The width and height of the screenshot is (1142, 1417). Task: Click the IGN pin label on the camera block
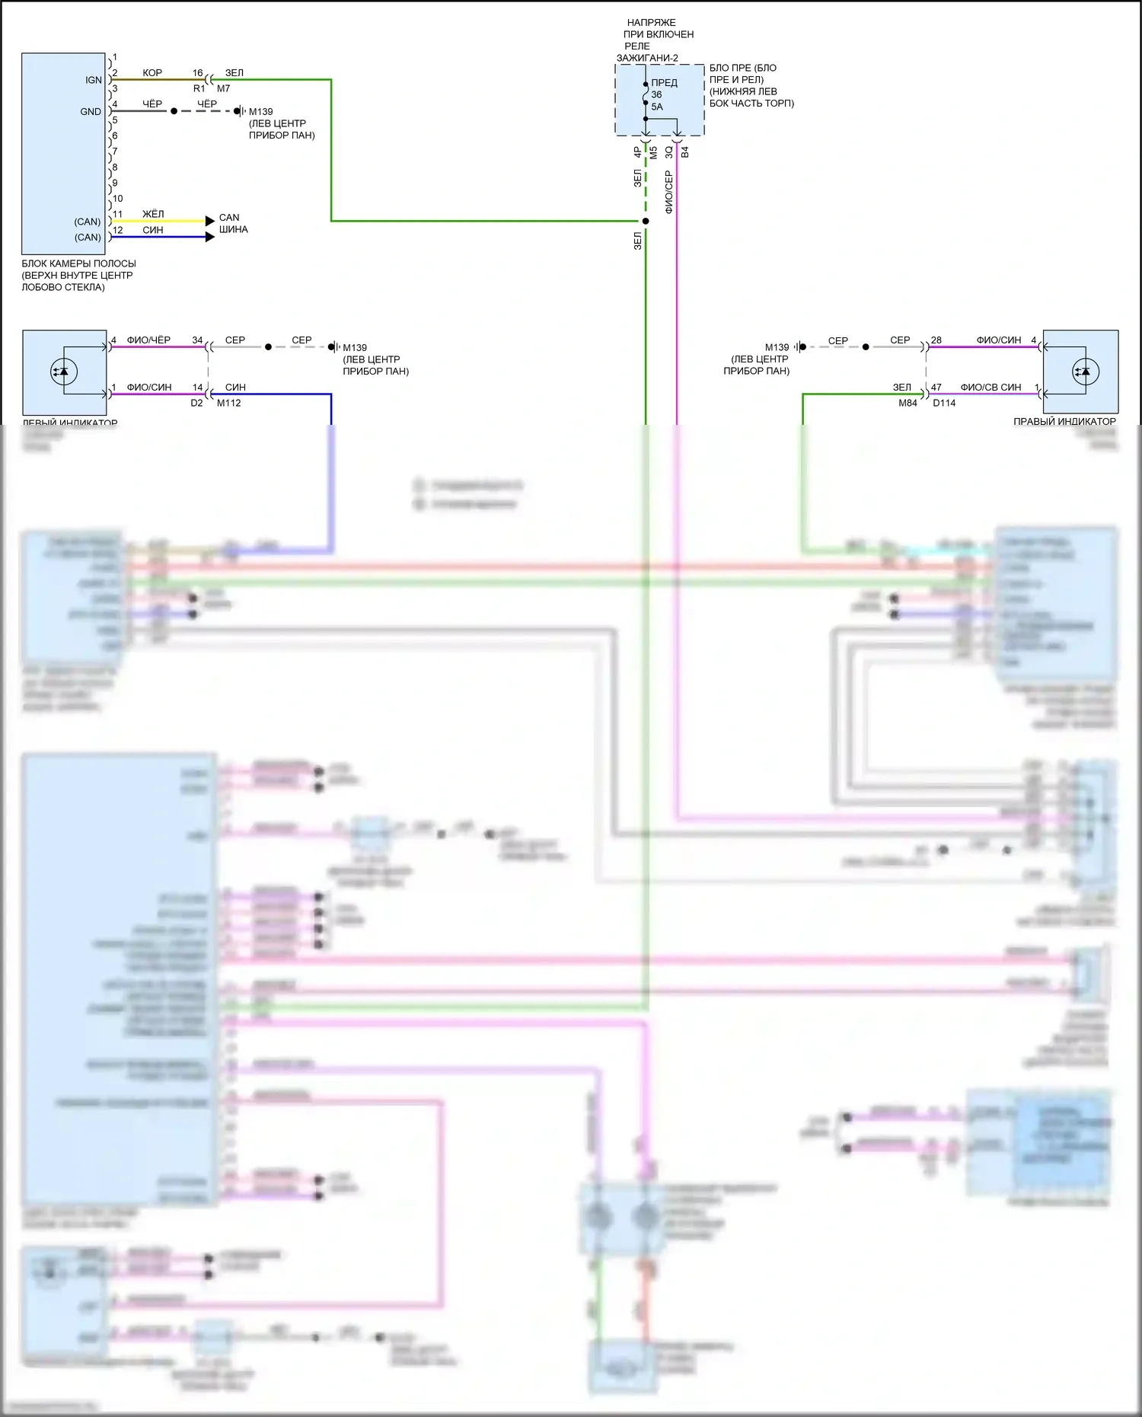coord(93,80)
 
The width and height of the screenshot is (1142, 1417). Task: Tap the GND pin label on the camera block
coord(91,111)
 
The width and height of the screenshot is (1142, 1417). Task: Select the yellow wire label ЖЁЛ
coord(153,214)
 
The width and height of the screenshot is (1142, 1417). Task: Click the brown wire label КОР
coord(152,73)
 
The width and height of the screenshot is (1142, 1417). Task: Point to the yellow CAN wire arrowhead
coord(210,221)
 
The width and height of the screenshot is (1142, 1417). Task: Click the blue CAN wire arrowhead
coord(210,237)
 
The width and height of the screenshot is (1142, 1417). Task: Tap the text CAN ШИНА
coord(233,223)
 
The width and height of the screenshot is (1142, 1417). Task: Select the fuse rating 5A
coord(657,107)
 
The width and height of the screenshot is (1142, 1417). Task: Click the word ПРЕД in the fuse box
coord(664,83)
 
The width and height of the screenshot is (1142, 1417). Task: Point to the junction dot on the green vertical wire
coord(646,221)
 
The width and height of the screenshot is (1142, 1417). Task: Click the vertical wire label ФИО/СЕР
coord(668,192)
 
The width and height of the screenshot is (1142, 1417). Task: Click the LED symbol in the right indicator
coord(1082,372)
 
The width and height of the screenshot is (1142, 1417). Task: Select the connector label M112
coord(228,403)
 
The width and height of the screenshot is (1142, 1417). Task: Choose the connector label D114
coord(944,403)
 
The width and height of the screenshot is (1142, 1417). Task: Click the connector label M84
coord(908,403)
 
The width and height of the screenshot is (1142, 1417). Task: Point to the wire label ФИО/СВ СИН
coord(990,387)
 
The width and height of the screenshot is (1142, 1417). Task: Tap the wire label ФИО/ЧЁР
coord(148,340)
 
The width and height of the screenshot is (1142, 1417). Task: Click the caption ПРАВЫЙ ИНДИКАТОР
coord(1064,421)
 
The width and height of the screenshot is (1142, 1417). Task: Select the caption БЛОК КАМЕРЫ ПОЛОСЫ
coord(78,263)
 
